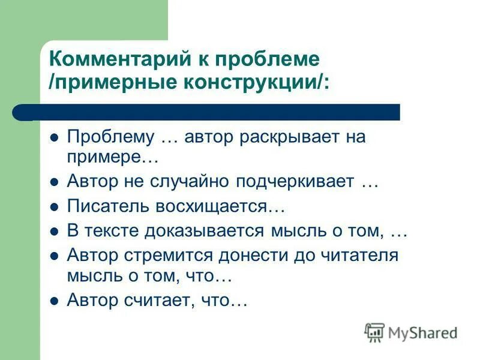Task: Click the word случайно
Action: [197, 181]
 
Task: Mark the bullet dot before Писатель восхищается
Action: [53, 206]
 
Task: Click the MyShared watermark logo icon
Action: [374, 332]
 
